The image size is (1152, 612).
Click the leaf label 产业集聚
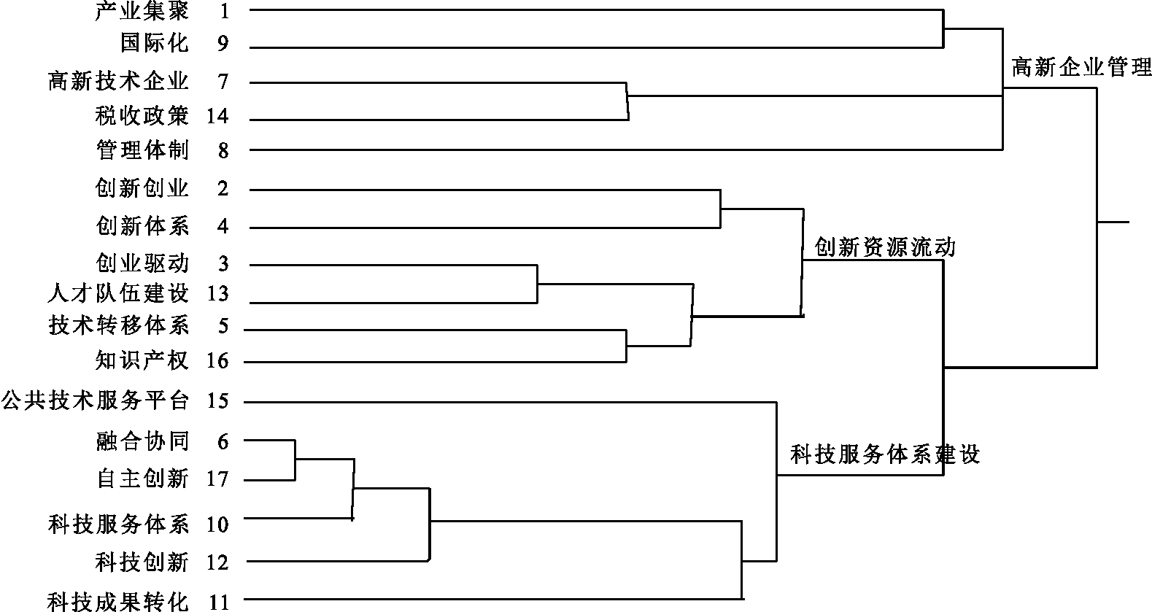[142, 11]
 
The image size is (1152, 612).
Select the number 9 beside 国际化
[223, 44]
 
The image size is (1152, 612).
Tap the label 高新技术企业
[118, 81]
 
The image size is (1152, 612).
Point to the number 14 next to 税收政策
[217, 116]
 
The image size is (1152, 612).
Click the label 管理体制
[142, 150]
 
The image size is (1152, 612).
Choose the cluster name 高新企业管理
[1081, 68]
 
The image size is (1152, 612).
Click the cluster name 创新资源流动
[884, 248]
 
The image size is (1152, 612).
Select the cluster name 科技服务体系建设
[885, 455]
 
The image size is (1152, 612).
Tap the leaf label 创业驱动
[142, 263]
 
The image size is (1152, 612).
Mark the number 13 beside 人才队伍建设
[217, 294]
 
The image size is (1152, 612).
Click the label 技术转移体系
[118, 325]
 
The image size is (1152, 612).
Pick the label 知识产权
[142, 360]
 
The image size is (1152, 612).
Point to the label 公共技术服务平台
[95, 400]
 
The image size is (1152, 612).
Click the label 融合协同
[142, 441]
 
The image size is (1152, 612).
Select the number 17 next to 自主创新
[217, 479]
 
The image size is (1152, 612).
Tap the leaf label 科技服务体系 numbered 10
[118, 524]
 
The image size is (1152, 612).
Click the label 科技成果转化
[118, 602]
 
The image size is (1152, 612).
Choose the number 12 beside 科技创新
[217, 562]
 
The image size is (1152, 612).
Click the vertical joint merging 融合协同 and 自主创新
[295, 460]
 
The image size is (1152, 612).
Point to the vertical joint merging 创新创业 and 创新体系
[720, 209]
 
